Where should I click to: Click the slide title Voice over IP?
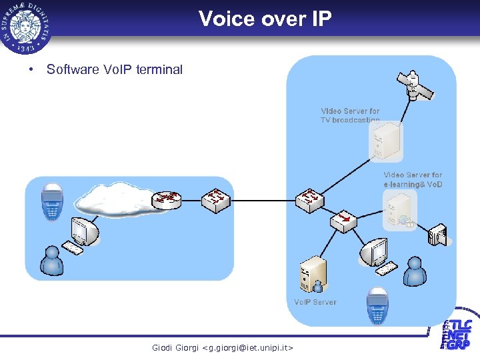[265, 19]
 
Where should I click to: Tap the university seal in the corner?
[27, 26]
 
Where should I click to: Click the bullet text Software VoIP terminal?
[114, 69]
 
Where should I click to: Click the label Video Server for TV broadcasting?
[350, 115]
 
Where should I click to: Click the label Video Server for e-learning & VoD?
[413, 179]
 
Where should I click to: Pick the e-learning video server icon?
[398, 210]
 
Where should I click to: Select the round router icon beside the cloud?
[167, 198]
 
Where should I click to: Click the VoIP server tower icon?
[312, 274]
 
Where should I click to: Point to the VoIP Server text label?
[315, 302]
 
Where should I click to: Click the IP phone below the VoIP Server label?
[377, 308]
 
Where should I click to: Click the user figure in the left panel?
[51, 261]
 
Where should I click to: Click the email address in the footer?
[222, 347]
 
